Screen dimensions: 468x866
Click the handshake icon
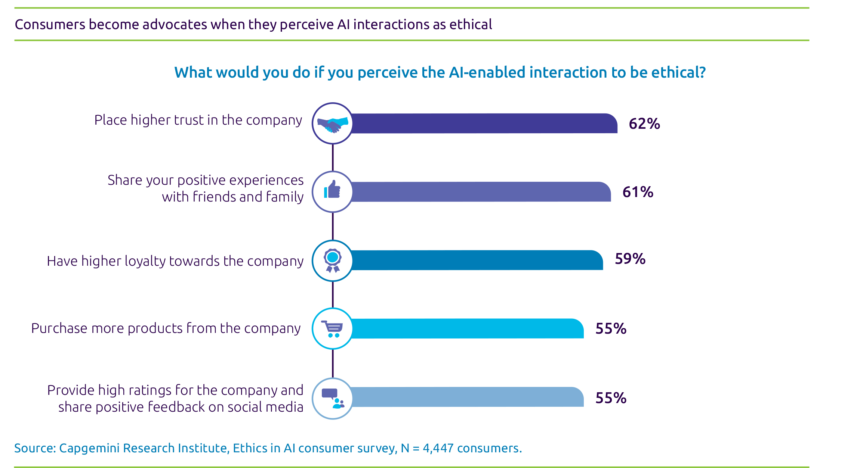pos(333,124)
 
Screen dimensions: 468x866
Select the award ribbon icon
pos(332,260)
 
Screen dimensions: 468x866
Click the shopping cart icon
pos(332,329)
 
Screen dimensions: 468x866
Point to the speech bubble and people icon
pos(332,398)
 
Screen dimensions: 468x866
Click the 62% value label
pos(644,124)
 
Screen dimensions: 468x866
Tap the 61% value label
pos(638,192)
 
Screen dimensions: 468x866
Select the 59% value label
pos(630,259)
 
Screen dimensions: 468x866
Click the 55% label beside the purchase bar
pos(611,329)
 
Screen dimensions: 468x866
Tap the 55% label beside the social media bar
pos(611,398)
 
